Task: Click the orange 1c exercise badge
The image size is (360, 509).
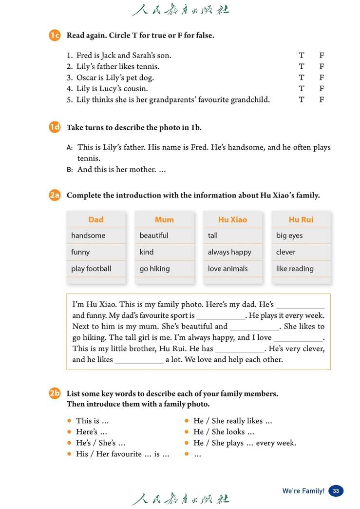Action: [54, 35]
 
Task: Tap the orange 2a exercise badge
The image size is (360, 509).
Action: [54, 195]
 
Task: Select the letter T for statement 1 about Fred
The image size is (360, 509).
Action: [302, 56]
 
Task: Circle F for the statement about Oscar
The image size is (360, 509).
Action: [322, 78]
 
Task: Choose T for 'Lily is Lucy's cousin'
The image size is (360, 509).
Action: [302, 89]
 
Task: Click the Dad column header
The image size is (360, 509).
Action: [96, 219]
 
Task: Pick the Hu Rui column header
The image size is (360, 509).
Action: [301, 219]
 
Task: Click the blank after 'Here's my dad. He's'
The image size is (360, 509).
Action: [300, 305]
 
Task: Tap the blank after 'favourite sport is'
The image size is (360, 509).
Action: [220, 316]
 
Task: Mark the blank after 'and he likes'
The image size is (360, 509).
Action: [139, 360]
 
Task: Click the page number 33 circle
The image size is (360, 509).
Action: [336, 491]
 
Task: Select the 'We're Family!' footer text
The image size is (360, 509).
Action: [303, 491]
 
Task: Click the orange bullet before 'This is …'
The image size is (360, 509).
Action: [70, 421]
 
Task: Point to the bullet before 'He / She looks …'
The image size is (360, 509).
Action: [187, 432]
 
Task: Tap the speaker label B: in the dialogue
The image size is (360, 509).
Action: [69, 170]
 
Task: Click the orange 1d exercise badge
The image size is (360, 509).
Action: [54, 127]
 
